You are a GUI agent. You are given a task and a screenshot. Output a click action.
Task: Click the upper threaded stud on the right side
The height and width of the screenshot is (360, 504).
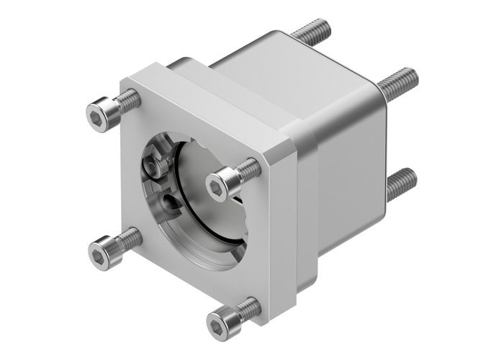coord(399,84)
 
